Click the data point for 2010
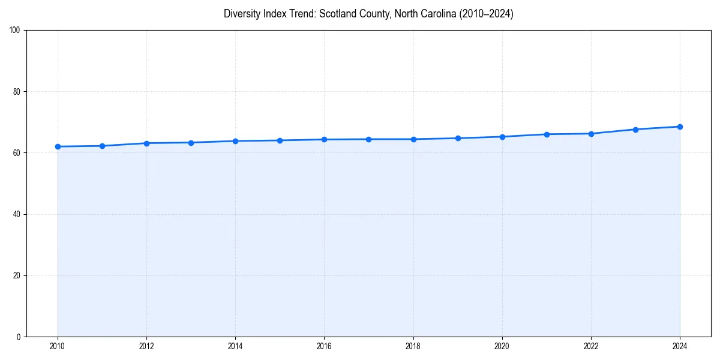tap(58, 146)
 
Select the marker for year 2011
tap(102, 146)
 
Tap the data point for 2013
tap(191, 142)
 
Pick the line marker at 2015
tap(280, 140)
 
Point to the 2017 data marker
tap(368, 139)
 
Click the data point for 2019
tap(458, 138)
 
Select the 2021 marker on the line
tap(547, 134)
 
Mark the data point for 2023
tap(635, 129)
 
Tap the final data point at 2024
tap(680, 127)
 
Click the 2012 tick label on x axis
tap(146, 346)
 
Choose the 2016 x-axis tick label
tap(324, 346)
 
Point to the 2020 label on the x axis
tap(502, 346)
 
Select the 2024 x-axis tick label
tap(680, 346)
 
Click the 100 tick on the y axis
tap(15, 31)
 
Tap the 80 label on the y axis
tap(17, 92)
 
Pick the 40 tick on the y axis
tap(17, 214)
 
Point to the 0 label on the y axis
tap(19, 337)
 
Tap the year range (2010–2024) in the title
tap(483, 14)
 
